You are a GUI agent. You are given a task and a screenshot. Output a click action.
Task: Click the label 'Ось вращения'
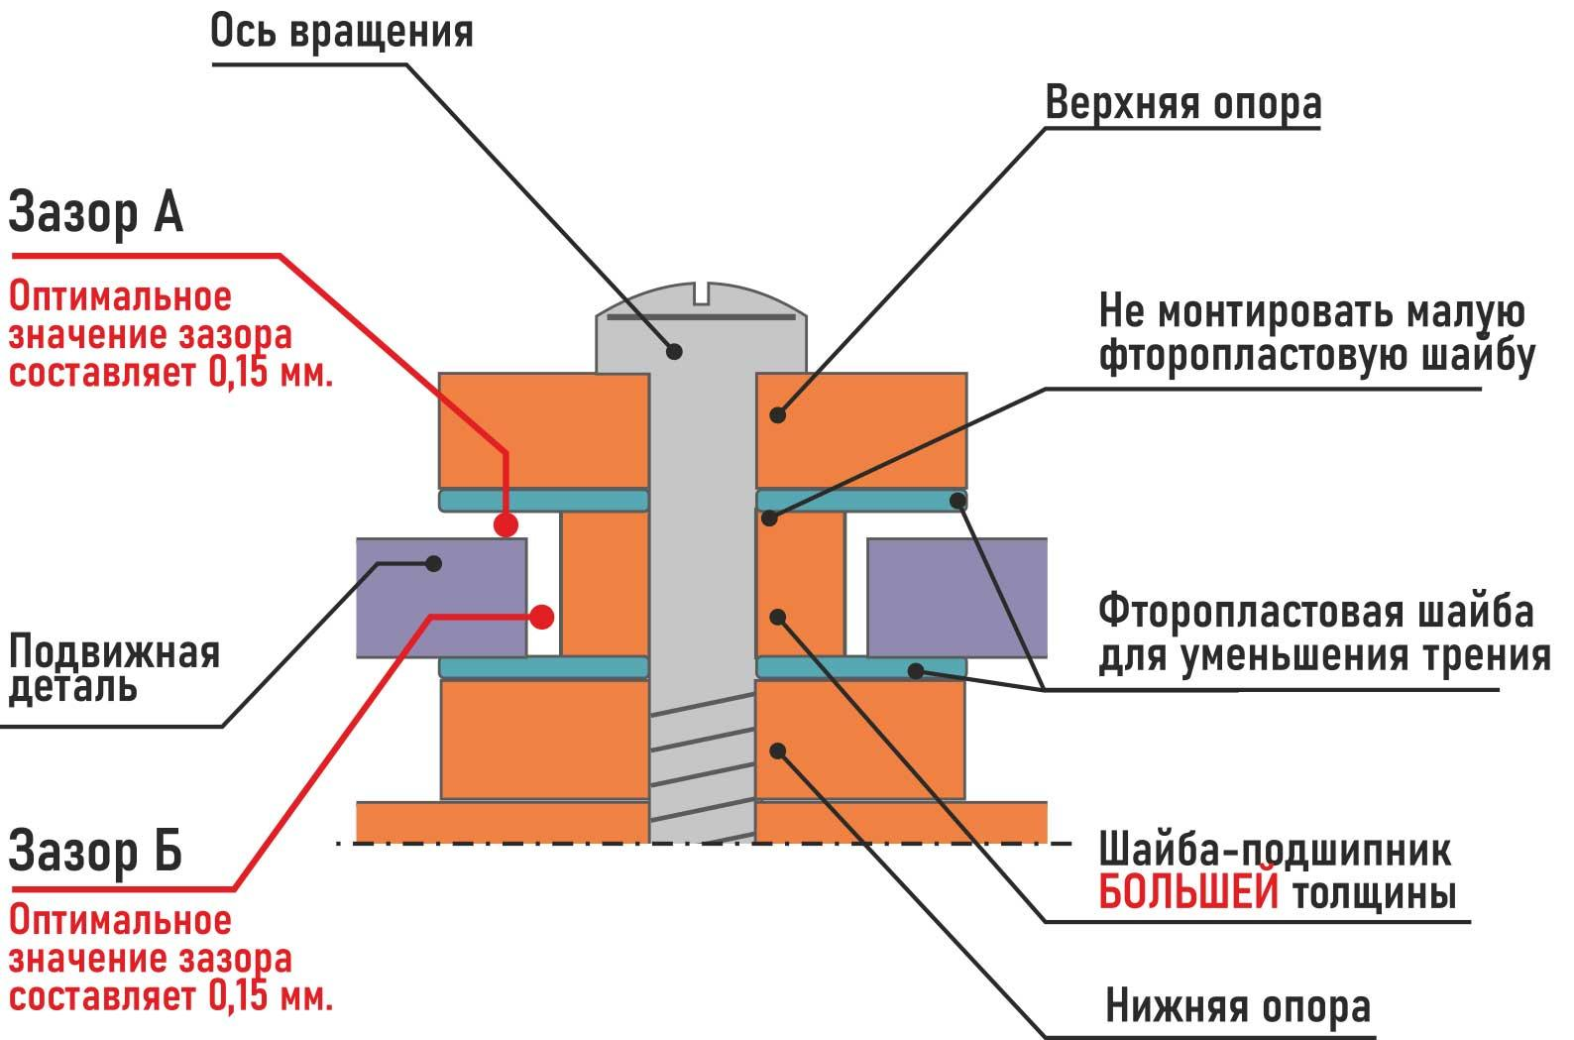(342, 33)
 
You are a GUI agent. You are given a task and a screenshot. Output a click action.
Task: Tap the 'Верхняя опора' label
(1182, 103)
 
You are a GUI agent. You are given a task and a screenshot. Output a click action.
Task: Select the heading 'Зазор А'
(95, 212)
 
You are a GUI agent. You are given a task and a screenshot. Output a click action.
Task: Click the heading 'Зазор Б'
(95, 853)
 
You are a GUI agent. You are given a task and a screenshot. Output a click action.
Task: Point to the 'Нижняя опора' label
(1238, 1007)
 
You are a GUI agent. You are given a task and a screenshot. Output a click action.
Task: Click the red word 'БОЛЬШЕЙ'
(1188, 893)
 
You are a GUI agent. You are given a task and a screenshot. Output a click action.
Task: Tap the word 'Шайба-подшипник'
(1275, 851)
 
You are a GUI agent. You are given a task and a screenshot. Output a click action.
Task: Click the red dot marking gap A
(506, 524)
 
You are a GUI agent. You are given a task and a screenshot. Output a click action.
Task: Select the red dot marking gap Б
(542, 617)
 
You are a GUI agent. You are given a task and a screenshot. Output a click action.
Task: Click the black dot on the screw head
(674, 351)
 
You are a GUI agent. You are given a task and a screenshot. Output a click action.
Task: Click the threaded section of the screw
(702, 767)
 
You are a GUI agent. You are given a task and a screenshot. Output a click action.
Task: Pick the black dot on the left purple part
(434, 563)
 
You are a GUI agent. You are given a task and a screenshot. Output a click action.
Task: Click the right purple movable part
(957, 598)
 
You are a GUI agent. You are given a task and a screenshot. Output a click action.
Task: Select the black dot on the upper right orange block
(777, 415)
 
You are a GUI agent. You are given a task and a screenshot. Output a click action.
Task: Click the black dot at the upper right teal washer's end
(957, 501)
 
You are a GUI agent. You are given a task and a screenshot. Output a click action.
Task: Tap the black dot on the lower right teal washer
(916, 671)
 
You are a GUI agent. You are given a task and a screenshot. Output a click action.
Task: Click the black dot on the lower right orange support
(777, 751)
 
